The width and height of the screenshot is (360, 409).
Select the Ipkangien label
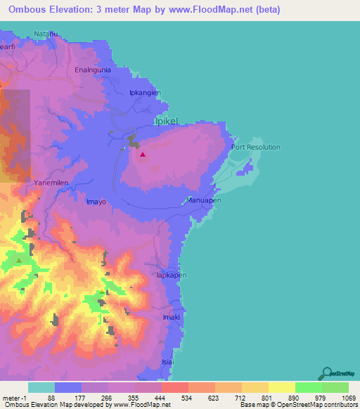pyautogui.click(x=146, y=93)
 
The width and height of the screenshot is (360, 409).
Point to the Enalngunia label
pyautogui.click(x=93, y=70)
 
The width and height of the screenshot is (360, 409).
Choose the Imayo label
pyautogui.click(x=96, y=202)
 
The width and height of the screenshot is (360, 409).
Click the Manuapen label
pyautogui.click(x=204, y=200)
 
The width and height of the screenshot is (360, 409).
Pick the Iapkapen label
pyautogui.click(x=171, y=275)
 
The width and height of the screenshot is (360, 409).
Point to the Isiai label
pyautogui.click(x=167, y=362)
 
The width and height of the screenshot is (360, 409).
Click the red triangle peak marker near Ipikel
pyautogui.click(x=143, y=155)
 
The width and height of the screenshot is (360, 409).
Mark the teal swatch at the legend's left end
pyautogui.click(x=41, y=387)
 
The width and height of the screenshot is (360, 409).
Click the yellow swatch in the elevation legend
pyautogui.click(x=281, y=387)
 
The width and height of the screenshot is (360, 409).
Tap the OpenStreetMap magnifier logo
pyautogui.click(x=326, y=372)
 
